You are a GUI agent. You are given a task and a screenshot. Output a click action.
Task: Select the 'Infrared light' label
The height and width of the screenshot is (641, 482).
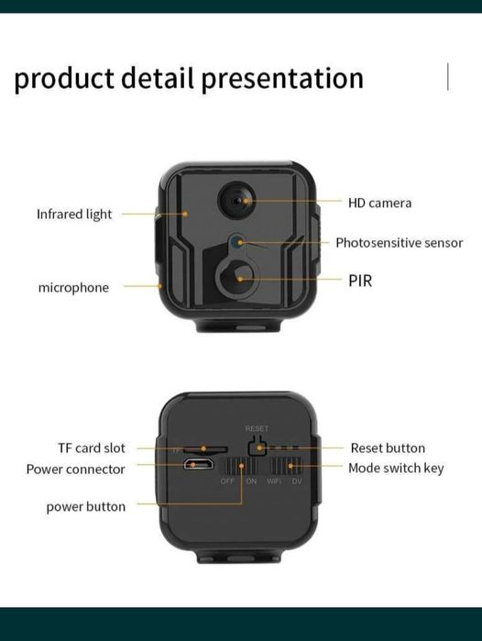pos(74,214)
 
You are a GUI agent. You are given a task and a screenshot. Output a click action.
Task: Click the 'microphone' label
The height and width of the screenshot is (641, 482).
pos(73,287)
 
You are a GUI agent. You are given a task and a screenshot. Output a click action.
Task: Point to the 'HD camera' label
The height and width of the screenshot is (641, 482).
pos(379,203)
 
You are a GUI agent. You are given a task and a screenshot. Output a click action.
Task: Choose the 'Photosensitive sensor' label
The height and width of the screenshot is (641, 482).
pos(399,243)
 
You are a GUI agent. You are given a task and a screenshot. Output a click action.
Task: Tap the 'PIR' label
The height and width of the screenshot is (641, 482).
pos(360,280)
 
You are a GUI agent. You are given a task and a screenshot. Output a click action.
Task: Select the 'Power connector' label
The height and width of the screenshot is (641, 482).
pos(75,470)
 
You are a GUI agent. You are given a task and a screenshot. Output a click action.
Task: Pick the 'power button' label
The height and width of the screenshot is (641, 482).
pos(86,507)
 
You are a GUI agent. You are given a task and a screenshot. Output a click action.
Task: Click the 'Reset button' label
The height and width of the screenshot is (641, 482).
pos(388,448)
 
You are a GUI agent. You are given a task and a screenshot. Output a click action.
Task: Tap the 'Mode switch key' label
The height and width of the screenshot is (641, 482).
pos(396,469)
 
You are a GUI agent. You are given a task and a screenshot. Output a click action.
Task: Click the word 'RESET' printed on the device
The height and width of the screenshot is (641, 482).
pos(257,428)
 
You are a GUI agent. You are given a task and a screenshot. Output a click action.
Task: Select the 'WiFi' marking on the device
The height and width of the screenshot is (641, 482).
pos(274,481)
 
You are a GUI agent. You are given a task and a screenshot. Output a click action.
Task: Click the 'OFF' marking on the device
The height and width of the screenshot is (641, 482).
pos(228,481)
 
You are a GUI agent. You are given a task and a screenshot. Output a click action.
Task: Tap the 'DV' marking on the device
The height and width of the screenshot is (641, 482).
pos(296,481)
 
